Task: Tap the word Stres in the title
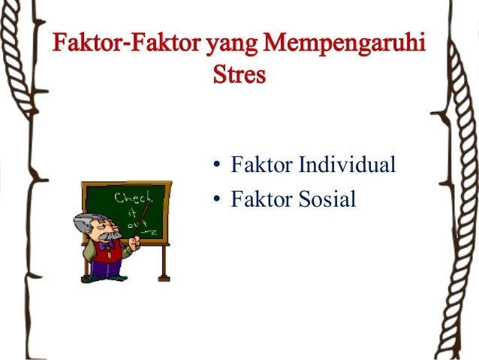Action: [x=239, y=76]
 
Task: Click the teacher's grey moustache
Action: [x=108, y=235]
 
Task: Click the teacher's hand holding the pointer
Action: [x=136, y=244]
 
